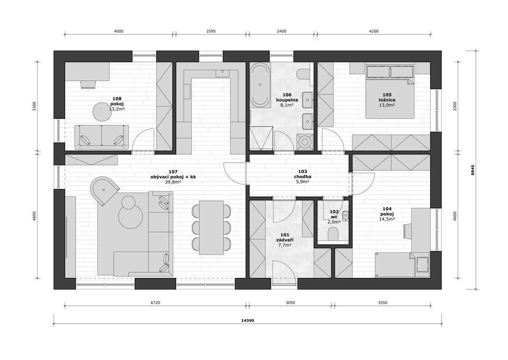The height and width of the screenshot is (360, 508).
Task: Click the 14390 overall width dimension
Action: point(247,321)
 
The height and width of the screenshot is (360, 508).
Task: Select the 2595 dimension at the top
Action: point(211,31)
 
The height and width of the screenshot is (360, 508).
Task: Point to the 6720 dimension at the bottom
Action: point(155,302)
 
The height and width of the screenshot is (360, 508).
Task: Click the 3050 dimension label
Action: point(290,302)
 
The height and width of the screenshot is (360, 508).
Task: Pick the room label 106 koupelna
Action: point(287,97)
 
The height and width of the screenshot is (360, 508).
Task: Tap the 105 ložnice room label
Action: point(387,97)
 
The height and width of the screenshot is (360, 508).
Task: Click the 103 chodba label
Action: point(303,174)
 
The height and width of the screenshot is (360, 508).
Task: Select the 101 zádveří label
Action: point(284,237)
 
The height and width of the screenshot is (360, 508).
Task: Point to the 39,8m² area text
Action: point(173,181)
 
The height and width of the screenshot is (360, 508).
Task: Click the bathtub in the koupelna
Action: point(260,85)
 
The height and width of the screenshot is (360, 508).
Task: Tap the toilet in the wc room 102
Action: point(333,234)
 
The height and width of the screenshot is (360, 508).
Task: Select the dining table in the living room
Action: point(211,227)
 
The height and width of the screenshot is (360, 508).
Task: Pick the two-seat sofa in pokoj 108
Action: point(102,137)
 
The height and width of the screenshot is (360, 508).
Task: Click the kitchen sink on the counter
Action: point(223,73)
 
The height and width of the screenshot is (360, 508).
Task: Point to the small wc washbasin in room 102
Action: point(345,216)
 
